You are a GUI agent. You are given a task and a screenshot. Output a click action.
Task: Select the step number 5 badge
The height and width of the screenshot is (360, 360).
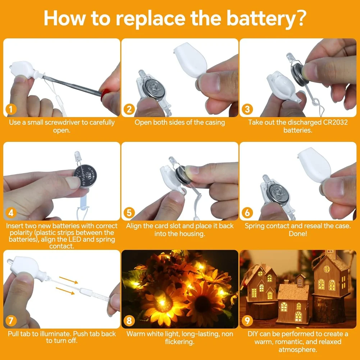click(x=129, y=212)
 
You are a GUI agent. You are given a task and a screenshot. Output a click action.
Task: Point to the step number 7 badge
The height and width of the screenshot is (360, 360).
click(x=10, y=320)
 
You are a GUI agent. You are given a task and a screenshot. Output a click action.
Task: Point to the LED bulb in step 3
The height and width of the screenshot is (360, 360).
click(x=290, y=58)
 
